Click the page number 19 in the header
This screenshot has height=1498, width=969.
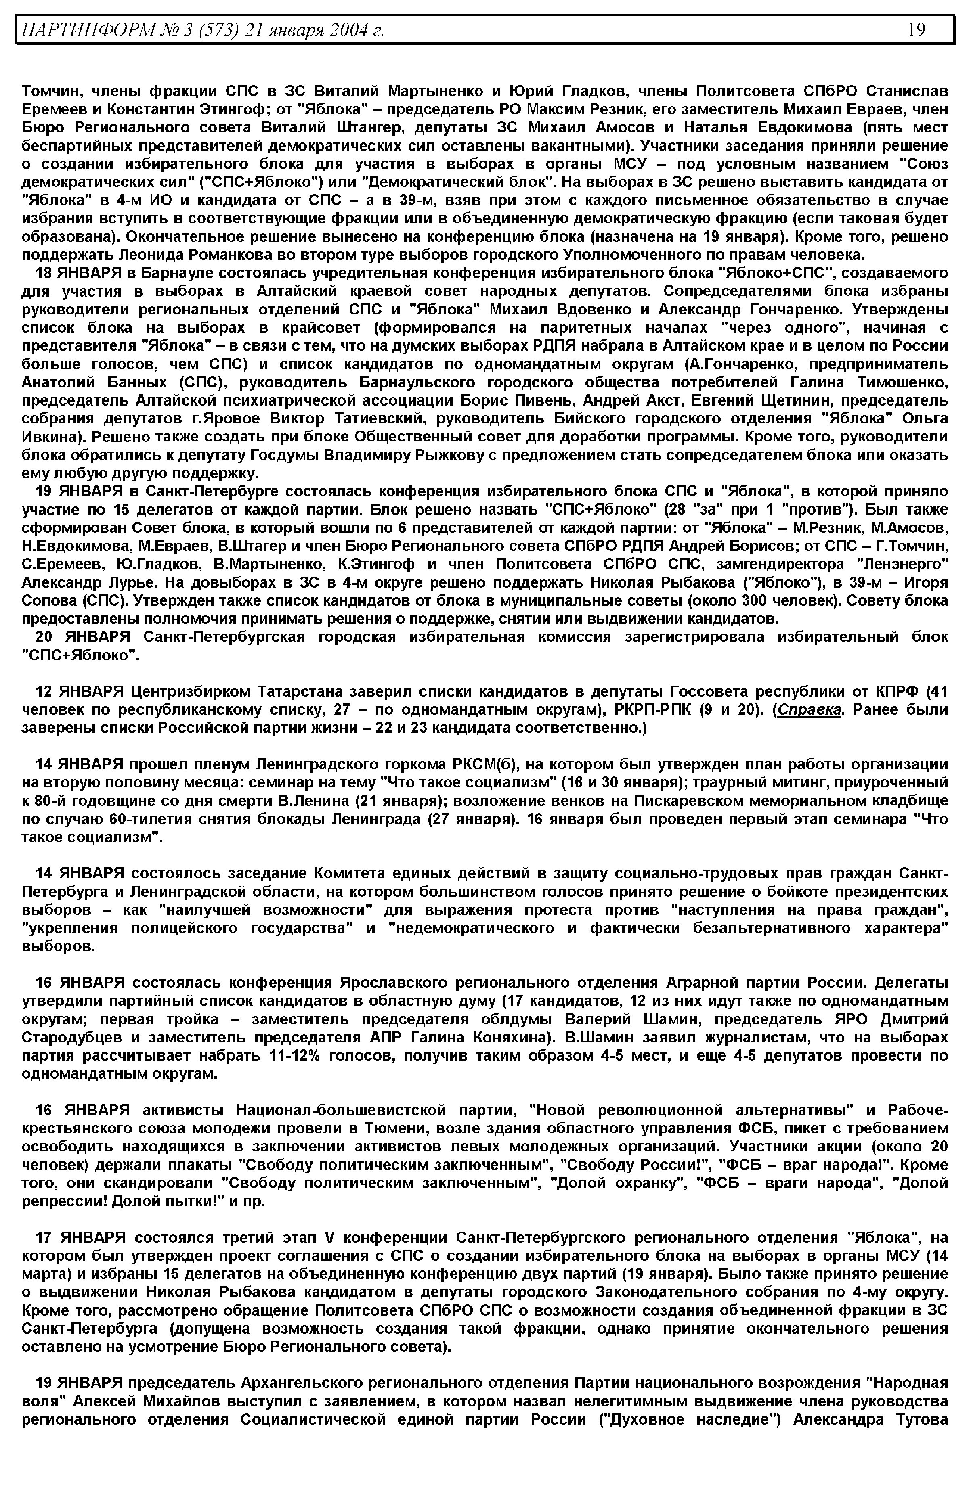916,29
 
